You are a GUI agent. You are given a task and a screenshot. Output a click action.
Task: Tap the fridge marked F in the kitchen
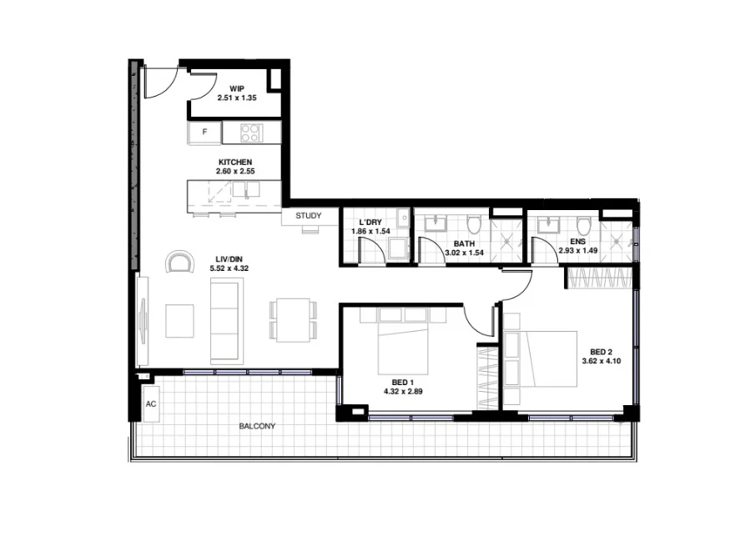(x=204, y=132)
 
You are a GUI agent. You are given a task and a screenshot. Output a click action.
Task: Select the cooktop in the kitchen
(x=251, y=132)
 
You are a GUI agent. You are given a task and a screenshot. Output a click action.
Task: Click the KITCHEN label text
(x=235, y=162)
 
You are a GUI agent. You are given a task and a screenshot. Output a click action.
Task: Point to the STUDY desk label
(x=308, y=216)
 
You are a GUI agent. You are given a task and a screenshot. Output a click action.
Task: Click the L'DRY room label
(x=370, y=222)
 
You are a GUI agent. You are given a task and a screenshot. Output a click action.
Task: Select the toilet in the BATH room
(x=475, y=225)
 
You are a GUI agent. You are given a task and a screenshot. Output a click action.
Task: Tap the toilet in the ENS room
(x=584, y=225)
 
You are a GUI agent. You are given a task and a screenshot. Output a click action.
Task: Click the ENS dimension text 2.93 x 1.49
(x=579, y=250)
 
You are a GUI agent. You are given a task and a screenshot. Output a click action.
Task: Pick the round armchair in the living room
(x=179, y=263)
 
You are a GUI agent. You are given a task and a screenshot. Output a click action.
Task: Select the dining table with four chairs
(x=293, y=319)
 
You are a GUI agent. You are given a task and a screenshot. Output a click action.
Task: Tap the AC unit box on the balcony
(x=151, y=404)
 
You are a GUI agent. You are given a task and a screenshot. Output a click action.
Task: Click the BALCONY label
(x=257, y=426)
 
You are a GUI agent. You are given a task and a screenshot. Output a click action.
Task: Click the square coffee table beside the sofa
(x=179, y=321)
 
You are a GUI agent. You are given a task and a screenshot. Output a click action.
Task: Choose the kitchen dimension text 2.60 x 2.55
(x=235, y=172)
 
